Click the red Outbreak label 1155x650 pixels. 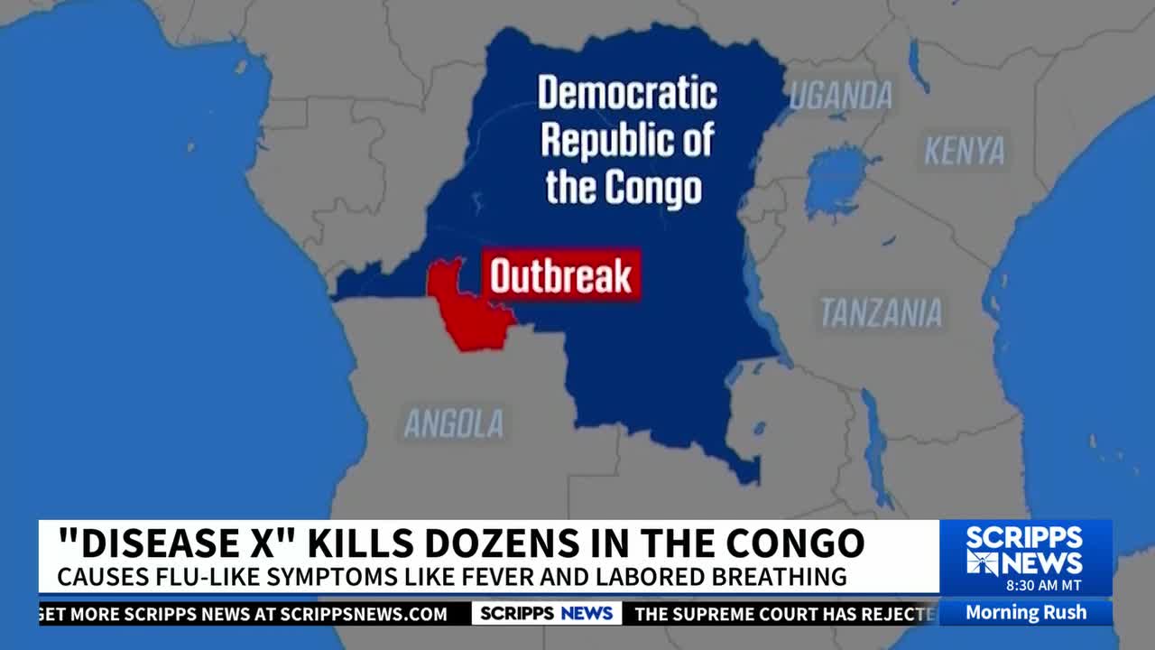(561, 276)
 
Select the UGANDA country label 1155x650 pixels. (841, 95)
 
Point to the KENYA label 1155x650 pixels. (964, 151)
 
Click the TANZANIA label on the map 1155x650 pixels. (880, 312)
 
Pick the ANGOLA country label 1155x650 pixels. (453, 422)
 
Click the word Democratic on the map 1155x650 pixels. (627, 93)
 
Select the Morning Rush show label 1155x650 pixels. (1025, 612)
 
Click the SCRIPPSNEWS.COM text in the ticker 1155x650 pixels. (363, 614)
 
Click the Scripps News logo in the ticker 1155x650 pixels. (546, 614)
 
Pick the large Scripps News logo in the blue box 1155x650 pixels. (1025, 551)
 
